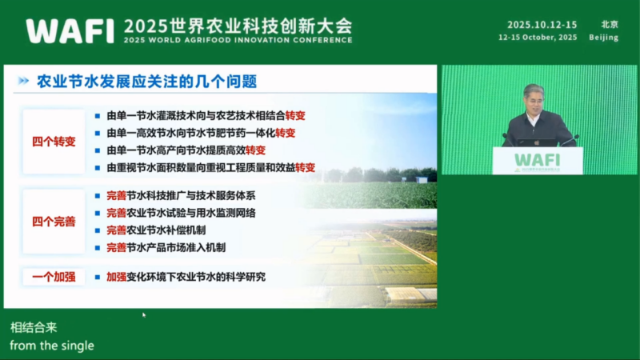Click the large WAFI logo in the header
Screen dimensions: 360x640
70,30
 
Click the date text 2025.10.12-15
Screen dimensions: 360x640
542,25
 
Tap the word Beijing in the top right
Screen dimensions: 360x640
603,38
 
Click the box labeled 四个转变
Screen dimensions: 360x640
54,142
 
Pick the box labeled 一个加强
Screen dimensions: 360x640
54,277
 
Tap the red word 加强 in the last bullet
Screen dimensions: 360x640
116,277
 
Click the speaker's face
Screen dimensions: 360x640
534,99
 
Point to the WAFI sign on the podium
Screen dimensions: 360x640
537,158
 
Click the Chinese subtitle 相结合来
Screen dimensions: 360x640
34,328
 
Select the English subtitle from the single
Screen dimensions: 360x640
52,346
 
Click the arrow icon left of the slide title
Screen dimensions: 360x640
24,82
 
